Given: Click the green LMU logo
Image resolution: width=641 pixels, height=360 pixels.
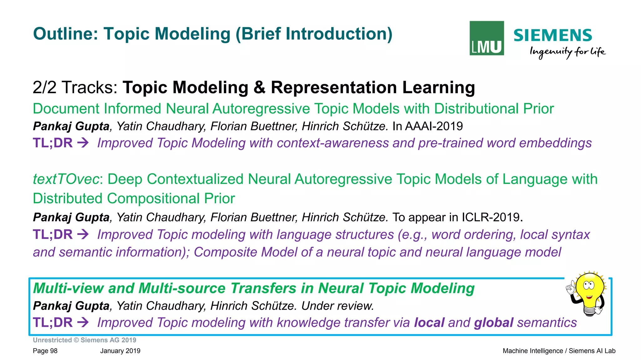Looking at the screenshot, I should click(486, 38).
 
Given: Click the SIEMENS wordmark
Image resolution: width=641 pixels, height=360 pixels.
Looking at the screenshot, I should click(553, 35).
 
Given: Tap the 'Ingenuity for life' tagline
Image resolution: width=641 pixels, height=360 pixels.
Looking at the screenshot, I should click(567, 52).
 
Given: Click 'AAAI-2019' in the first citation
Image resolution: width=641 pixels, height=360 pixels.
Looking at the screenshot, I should click(433, 126).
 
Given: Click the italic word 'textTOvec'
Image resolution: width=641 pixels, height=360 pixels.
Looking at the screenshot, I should click(66, 179).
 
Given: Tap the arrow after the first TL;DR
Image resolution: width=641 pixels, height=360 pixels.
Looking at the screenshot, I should click(83, 143).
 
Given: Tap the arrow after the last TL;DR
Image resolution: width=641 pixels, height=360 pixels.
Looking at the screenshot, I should click(83, 322).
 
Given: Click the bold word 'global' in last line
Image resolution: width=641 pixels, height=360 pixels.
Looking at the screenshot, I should click(494, 322).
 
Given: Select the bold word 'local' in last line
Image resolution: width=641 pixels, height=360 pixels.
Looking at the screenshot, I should click(429, 322).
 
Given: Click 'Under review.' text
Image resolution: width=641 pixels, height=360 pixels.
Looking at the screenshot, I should click(338, 306).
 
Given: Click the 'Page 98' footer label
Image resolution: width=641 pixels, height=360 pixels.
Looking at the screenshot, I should click(45, 351).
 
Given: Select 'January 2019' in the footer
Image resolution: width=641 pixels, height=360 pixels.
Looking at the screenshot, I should click(120, 351).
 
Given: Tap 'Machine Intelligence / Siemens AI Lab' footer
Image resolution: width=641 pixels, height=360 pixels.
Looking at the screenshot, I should click(559, 351).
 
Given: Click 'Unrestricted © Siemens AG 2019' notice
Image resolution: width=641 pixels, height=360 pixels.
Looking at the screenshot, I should click(85, 340).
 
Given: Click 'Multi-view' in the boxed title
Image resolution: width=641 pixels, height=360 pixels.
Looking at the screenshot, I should click(68, 288).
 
